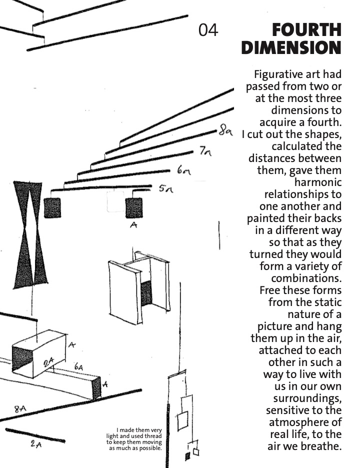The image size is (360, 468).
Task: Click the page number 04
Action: [208, 30]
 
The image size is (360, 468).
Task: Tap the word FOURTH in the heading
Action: [306, 30]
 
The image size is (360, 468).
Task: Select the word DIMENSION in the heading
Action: [291, 48]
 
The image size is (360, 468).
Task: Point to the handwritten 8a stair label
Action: [225, 130]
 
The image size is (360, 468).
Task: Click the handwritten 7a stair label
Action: [205, 151]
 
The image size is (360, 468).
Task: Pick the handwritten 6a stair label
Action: [183, 170]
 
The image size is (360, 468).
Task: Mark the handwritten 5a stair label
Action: [166, 188]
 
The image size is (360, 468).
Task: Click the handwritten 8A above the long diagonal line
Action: [20, 408]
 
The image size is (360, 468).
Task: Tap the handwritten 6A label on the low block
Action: [78, 366]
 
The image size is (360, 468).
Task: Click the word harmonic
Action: [318, 182]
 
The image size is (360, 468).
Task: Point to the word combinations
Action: [306, 278]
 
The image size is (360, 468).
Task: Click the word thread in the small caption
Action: [153, 436]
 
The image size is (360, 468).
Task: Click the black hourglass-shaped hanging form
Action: [30, 235]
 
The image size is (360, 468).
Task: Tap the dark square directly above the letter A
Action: [133, 207]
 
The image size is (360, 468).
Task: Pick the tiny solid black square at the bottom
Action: [188, 456]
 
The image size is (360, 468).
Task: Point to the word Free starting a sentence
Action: [270, 290]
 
